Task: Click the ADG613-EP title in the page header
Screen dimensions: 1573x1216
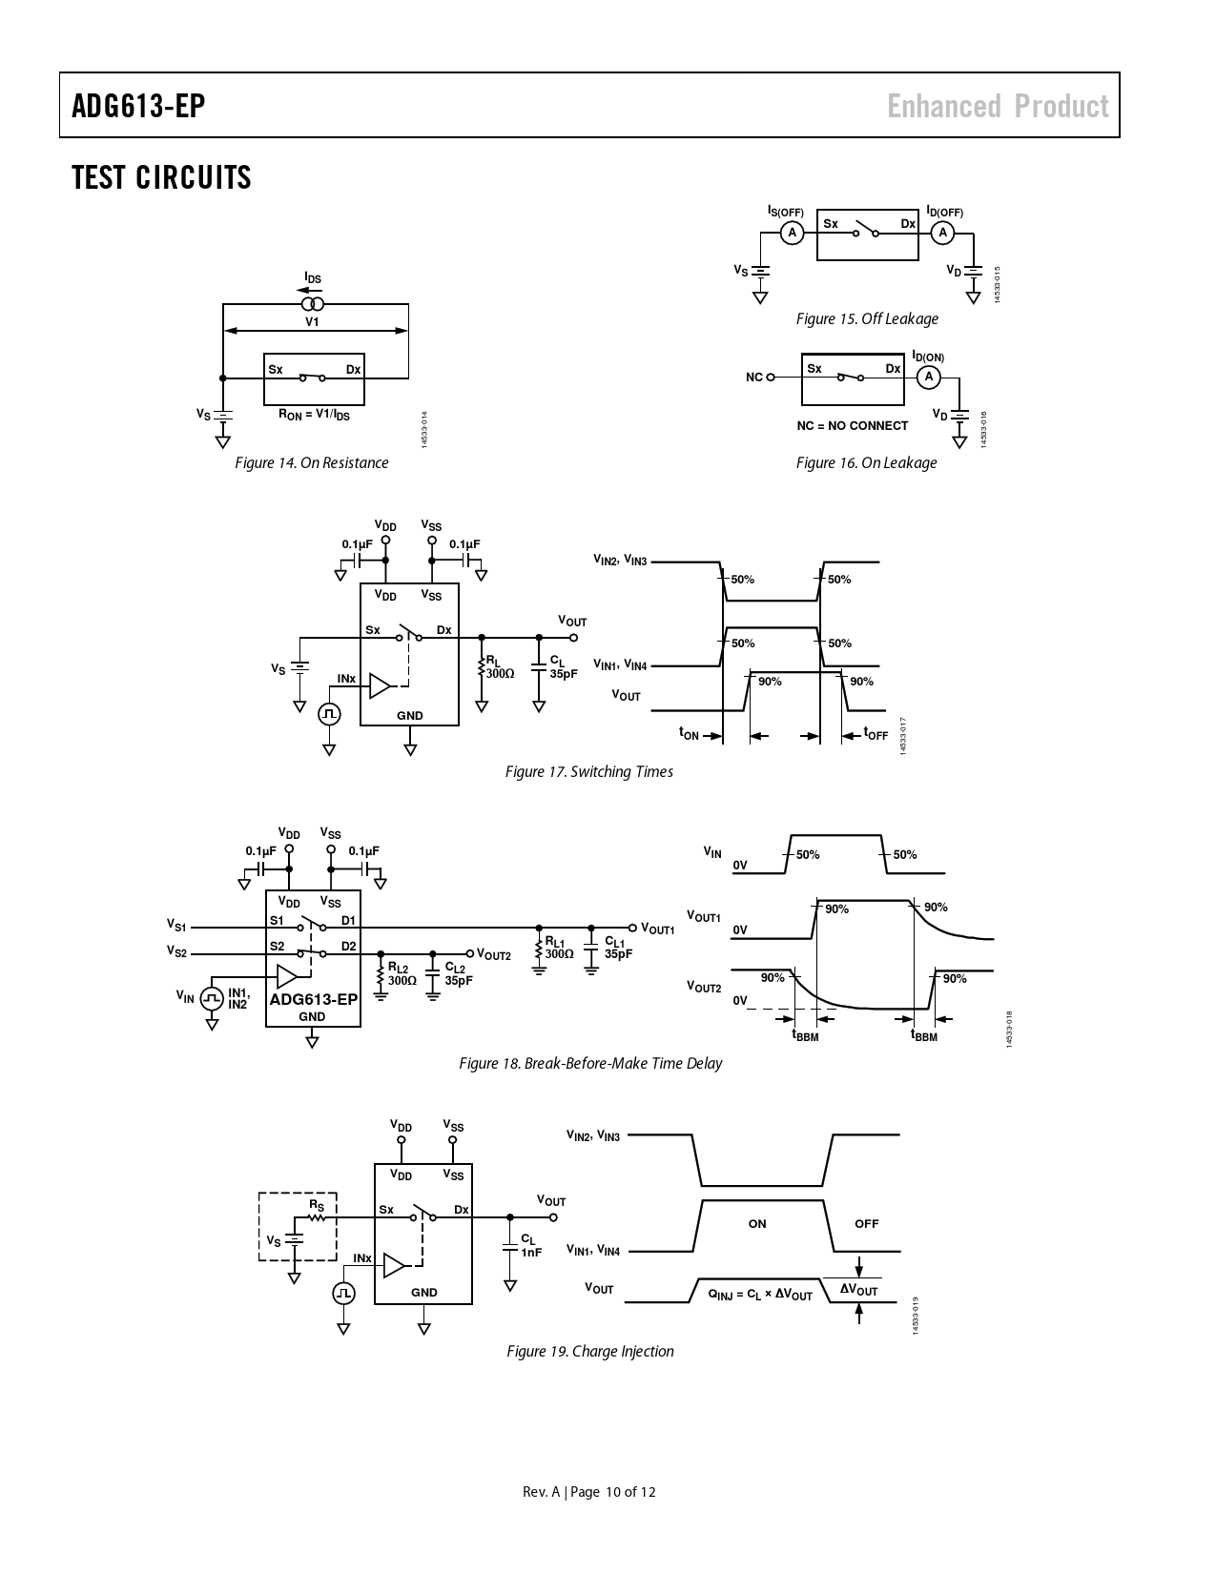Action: (x=138, y=106)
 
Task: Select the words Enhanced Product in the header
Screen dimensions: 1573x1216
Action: (x=998, y=106)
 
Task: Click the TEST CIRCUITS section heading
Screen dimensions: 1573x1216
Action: (x=161, y=177)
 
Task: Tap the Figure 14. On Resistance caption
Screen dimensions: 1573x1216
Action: (x=312, y=463)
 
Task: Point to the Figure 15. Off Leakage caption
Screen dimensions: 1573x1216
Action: (x=867, y=319)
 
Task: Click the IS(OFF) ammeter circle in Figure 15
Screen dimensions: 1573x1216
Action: (x=792, y=233)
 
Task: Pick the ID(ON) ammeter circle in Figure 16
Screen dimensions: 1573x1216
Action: (x=928, y=378)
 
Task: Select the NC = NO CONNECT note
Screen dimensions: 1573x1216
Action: (x=853, y=426)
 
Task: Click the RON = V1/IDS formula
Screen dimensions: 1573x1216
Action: (x=314, y=415)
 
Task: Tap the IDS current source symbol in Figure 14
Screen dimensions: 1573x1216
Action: (x=313, y=304)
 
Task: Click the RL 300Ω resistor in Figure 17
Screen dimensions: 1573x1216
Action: (x=483, y=667)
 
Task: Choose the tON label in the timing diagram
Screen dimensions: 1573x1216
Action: (x=689, y=734)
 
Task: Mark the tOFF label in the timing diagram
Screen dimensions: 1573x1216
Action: (x=876, y=734)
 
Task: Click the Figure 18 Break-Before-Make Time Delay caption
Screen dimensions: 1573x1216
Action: (x=590, y=1064)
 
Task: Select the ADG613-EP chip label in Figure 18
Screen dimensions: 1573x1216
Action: (x=313, y=999)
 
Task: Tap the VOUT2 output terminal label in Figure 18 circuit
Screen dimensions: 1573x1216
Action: (x=494, y=954)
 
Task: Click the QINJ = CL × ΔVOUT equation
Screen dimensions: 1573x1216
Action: (x=760, y=1296)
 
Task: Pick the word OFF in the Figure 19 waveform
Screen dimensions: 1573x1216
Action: (x=866, y=1224)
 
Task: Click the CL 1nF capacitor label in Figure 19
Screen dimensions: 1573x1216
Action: (x=530, y=1246)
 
